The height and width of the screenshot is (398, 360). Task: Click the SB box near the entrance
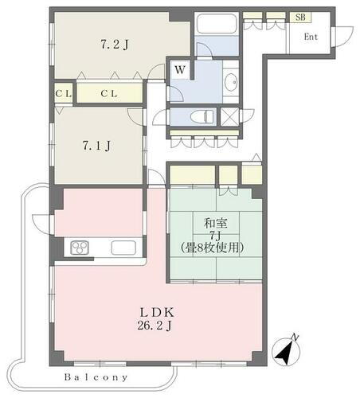click(x=301, y=16)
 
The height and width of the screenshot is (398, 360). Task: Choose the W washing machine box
click(x=181, y=70)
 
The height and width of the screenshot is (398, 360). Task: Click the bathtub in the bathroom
click(x=216, y=23)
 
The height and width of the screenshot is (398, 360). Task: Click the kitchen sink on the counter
click(x=123, y=248)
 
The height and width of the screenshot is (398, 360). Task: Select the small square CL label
click(x=63, y=93)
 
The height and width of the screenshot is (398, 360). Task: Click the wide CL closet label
click(x=110, y=93)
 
